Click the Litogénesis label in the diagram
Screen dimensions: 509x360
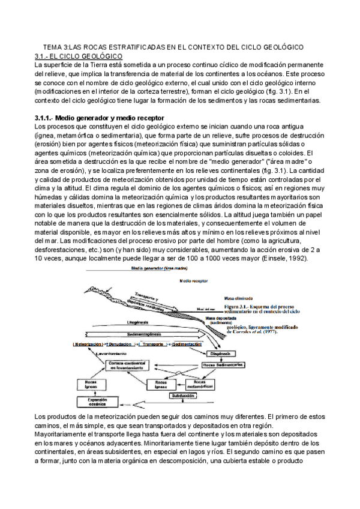click(137, 322)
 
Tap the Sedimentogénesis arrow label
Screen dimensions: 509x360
click(146, 333)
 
